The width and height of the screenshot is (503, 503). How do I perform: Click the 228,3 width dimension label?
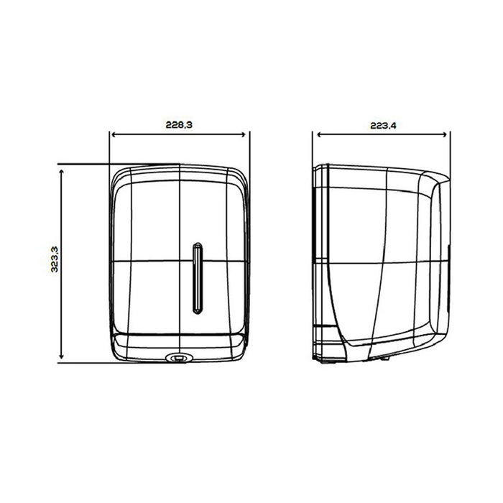[179, 124]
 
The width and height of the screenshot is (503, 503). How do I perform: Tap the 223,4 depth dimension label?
[383, 126]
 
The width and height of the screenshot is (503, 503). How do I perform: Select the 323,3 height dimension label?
[55, 259]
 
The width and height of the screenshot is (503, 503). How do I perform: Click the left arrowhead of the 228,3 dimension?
[114, 135]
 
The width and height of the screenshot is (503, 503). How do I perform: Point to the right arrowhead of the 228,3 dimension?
[243, 135]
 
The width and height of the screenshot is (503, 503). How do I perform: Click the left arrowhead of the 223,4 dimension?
[320, 135]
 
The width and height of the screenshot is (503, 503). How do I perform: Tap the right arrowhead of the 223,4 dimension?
[444, 135]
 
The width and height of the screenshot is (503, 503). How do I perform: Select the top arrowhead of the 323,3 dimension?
[62, 172]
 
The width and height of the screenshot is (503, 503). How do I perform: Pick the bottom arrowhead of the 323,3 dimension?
[62, 356]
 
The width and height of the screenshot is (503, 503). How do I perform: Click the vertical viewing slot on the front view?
[198, 278]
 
